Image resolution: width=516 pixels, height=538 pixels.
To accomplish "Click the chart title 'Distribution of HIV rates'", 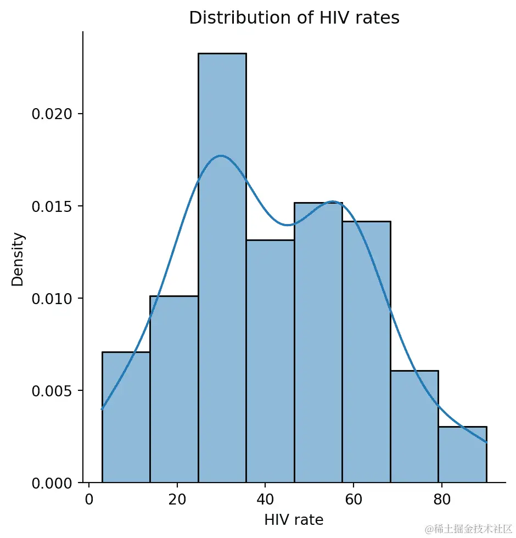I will (x=294, y=18).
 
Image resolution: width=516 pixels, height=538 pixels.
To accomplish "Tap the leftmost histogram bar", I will (x=126, y=417).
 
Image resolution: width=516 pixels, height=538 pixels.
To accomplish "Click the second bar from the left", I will (x=173, y=389).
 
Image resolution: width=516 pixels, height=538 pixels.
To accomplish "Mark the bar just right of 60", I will (x=366, y=352).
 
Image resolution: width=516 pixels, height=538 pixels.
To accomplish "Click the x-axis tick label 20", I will (x=177, y=500).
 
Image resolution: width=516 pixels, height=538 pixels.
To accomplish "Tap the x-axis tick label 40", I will (x=265, y=500).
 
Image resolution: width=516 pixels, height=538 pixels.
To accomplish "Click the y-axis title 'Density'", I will (x=18, y=260).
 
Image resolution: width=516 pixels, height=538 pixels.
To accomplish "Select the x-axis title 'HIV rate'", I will (x=294, y=520).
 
